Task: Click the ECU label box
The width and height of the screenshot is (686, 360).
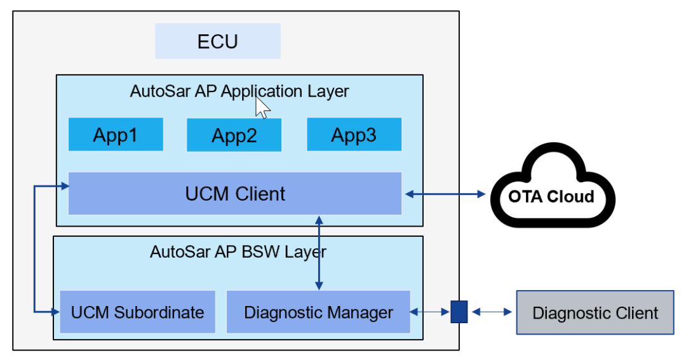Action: coord(218,41)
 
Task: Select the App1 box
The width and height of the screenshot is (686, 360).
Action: coord(116,134)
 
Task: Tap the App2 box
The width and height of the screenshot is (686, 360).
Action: coord(234,135)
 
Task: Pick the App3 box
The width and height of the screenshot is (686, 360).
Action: coord(354,134)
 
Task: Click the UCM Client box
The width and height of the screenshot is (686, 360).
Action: coord(235,193)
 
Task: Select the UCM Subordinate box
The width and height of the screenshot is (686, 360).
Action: coord(137,312)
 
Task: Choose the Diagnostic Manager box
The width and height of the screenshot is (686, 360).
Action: coord(318,312)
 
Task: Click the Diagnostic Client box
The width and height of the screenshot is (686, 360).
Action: coord(595,312)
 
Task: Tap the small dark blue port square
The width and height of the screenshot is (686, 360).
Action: coord(459,312)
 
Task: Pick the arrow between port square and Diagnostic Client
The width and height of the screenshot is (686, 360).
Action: coord(491,312)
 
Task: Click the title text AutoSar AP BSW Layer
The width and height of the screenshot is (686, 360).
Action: coord(238,251)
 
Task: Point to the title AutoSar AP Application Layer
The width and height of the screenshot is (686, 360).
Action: coord(239,91)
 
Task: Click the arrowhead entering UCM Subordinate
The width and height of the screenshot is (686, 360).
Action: coord(55,312)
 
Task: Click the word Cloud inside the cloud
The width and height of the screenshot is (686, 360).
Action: coord(572,196)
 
